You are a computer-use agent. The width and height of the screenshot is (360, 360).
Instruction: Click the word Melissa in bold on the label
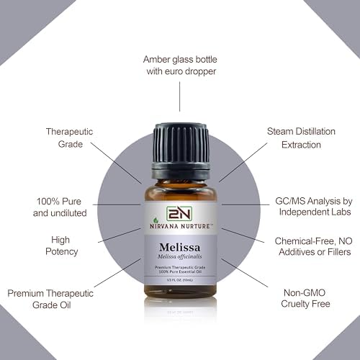click(180, 243)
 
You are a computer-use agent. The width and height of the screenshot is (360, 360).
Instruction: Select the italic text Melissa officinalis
click(180, 254)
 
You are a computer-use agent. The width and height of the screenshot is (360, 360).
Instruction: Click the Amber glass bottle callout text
click(179, 65)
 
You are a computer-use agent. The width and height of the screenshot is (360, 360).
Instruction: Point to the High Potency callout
click(60, 246)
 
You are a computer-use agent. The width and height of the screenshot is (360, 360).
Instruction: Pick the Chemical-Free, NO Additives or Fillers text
click(312, 246)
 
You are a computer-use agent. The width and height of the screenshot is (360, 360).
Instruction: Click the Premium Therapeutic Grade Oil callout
click(50, 300)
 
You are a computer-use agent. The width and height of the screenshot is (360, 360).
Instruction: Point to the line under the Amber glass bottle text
click(179, 97)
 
